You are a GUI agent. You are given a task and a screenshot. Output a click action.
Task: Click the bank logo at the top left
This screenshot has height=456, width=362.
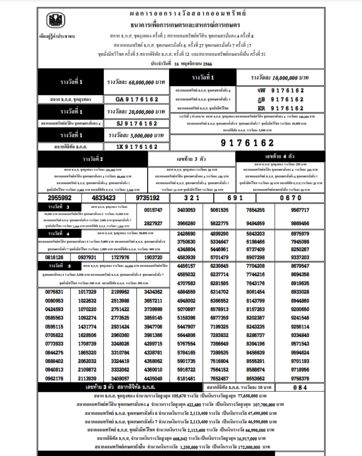pyautogui.click(x=56, y=20)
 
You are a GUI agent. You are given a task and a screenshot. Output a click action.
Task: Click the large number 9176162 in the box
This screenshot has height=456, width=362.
pyautogui.click(x=247, y=143)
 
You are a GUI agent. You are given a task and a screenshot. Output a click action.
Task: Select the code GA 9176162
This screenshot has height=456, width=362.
pyautogui.click(x=137, y=100)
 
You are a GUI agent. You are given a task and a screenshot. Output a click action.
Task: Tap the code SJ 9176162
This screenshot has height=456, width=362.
pyautogui.click(x=137, y=124)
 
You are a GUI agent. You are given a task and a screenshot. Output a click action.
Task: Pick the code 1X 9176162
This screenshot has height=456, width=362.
pyautogui.click(x=137, y=147)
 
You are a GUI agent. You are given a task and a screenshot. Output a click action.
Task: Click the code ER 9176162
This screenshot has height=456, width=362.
pyautogui.click(x=280, y=108)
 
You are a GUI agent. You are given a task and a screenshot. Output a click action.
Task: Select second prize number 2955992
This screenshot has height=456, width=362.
pyautogui.click(x=60, y=198)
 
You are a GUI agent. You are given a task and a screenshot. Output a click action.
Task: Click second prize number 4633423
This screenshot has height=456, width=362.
pyautogui.click(x=104, y=198)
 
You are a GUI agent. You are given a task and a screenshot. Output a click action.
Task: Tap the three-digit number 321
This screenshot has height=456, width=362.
pyautogui.click(x=192, y=198)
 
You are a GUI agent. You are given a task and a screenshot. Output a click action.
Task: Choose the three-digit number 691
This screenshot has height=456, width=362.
pyautogui.click(x=235, y=198)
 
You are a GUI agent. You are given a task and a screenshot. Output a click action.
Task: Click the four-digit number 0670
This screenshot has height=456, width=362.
pyautogui.click(x=290, y=198)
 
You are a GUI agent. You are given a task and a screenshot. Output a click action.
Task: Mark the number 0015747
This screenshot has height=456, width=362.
pyautogui.click(x=153, y=210)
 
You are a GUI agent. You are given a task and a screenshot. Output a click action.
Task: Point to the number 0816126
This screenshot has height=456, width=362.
pyautogui.click(x=54, y=257)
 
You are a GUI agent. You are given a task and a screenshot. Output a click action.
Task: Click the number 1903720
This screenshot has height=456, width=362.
pyautogui.click(x=153, y=257)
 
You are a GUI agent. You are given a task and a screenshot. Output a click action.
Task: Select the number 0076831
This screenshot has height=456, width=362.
pyautogui.click(x=54, y=292)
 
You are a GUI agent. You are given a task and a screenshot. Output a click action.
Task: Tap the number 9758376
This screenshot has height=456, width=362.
pyautogui.click(x=300, y=378)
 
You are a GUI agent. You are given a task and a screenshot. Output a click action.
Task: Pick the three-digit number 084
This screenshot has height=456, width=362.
pyautogui.click(x=300, y=388)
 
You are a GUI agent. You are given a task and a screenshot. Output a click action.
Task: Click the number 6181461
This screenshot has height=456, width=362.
pyautogui.click(x=186, y=378)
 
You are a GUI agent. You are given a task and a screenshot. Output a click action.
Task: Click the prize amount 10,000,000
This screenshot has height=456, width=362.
pyautogui.click(x=280, y=78)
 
